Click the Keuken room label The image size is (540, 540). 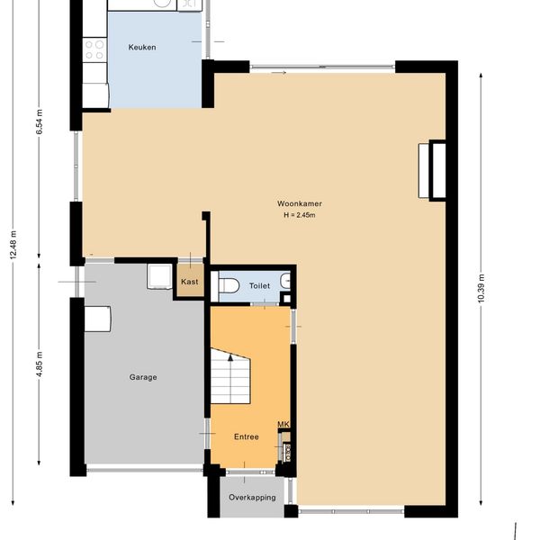point(142,47)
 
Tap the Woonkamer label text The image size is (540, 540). point(300,203)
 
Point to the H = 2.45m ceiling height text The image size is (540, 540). point(300,215)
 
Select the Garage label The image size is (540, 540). point(143,377)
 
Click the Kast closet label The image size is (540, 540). point(189,282)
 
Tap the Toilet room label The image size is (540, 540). point(259,286)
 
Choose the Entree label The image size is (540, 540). point(247,436)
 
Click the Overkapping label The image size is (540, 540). point(252,498)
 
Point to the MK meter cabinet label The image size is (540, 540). point(283,424)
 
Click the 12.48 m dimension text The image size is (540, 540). point(13,245)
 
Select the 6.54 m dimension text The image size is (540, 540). point(40,121)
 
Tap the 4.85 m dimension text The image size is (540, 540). point(40,364)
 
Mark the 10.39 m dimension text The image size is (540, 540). point(481,288)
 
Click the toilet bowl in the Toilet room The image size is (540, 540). point(229,285)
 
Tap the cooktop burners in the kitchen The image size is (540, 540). point(94,49)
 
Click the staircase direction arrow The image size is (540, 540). point(230,358)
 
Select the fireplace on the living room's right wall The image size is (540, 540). point(432,170)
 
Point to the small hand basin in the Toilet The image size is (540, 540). point(285,281)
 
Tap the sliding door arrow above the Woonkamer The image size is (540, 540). point(279,73)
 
